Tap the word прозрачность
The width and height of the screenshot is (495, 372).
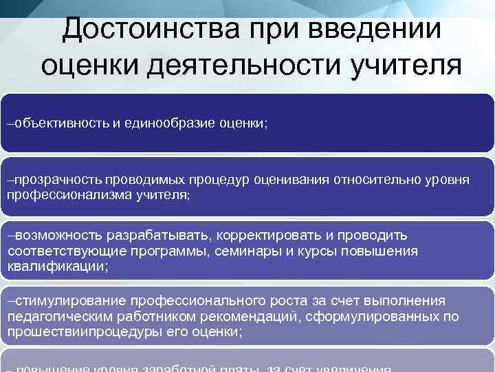point(56,180)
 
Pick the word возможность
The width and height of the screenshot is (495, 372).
point(54,236)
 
